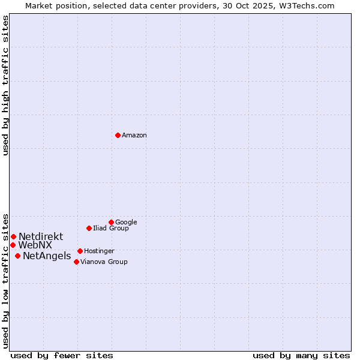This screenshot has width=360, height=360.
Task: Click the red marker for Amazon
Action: [x=118, y=135]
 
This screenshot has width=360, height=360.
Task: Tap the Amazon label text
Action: [x=134, y=136]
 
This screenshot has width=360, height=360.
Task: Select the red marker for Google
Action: [x=111, y=222]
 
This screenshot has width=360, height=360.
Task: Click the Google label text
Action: [x=126, y=223]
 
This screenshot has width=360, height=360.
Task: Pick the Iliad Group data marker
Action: [x=89, y=228]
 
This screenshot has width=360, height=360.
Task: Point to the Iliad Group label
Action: [x=111, y=229]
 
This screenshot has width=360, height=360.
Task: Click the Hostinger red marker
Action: [x=80, y=251]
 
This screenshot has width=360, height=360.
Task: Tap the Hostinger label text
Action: [x=99, y=251]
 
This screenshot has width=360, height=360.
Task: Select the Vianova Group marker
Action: [x=76, y=262]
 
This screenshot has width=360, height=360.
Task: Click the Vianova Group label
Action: [x=104, y=262]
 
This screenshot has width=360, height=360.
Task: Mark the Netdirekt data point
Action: [x=13, y=236]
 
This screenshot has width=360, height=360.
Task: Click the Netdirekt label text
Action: [x=41, y=237]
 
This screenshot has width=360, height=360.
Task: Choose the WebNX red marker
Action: [x=13, y=245]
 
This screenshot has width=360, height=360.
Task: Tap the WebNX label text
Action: [x=35, y=245]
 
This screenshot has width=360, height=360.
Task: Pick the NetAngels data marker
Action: [x=17, y=256]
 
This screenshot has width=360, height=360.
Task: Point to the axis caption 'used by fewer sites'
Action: [x=62, y=355]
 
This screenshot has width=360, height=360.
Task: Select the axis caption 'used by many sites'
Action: [x=301, y=355]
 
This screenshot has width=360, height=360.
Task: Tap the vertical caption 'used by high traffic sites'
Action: [x=6, y=85]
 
